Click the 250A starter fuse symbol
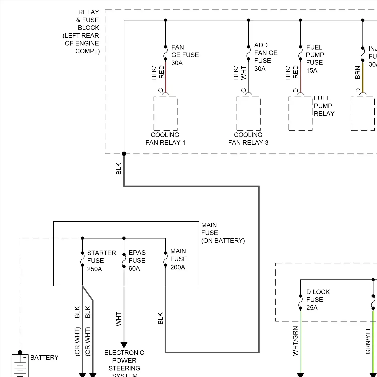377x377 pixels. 82,259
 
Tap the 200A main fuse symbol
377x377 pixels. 165,259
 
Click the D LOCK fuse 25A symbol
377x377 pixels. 300,302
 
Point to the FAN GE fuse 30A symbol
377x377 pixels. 165,53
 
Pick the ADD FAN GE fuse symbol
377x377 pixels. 249,53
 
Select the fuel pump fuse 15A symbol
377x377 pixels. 300,53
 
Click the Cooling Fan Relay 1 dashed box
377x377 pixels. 165,113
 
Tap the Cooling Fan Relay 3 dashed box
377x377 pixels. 249,113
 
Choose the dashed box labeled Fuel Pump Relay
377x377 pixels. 300,113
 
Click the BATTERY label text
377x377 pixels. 44,357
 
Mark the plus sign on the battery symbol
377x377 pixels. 25,358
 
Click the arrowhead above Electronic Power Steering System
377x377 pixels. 124,345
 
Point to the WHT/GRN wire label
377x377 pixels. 295,341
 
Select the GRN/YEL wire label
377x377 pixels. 368,340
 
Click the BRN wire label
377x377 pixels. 358,73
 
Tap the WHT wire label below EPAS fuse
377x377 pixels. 119,319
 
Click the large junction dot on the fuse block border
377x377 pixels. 124,154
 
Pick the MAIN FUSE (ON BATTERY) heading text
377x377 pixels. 223,233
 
